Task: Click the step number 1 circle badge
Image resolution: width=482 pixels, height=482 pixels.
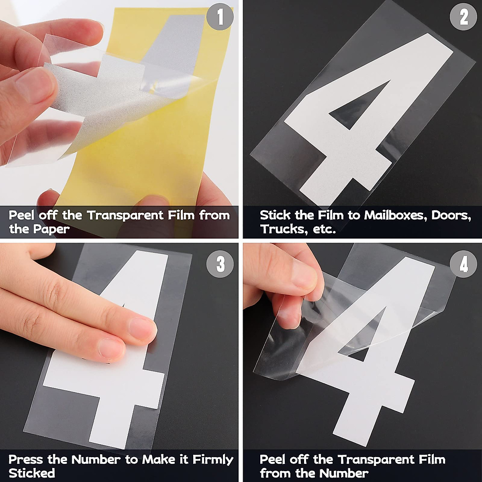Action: tap(220, 17)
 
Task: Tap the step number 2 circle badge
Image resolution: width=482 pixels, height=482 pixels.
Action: tap(464, 17)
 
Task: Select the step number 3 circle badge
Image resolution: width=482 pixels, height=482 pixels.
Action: tap(220, 264)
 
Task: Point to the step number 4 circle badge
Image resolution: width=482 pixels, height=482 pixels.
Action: tap(464, 264)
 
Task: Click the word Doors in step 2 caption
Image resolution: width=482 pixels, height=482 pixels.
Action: tap(451, 215)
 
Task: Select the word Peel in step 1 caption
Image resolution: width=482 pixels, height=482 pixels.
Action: tap(22, 215)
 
